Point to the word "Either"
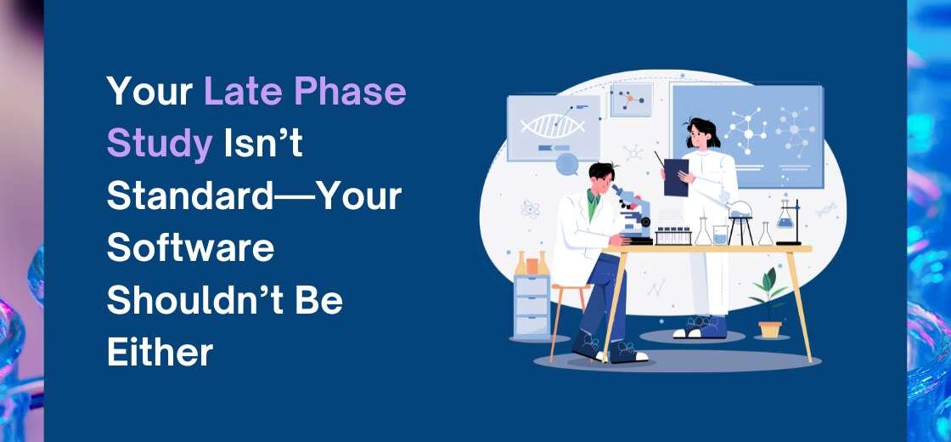point(160,351)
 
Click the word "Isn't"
point(263,144)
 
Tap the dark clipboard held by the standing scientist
point(676,177)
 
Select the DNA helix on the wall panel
point(553,126)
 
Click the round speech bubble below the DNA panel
point(567,164)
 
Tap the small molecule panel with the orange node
point(632,99)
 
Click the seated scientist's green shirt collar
point(593,202)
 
